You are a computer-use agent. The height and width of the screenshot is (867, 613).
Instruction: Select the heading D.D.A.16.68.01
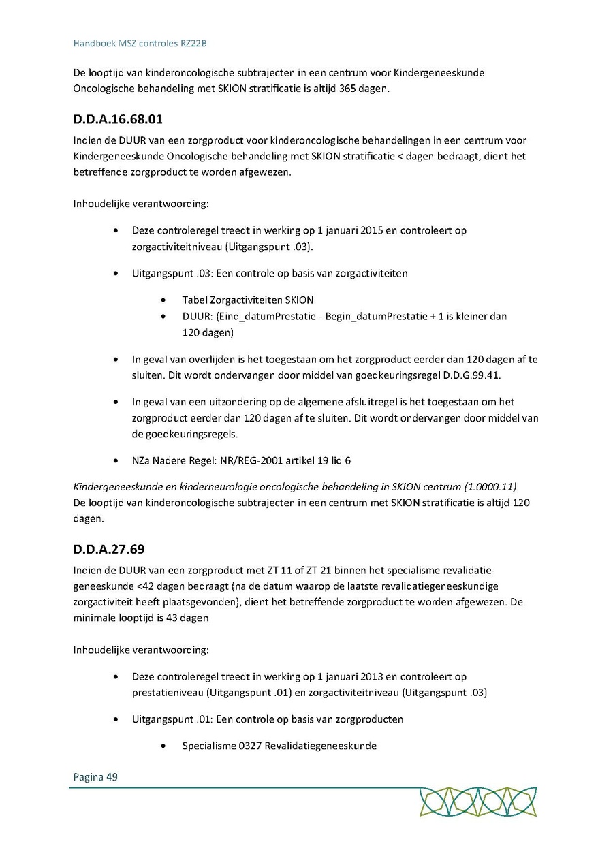click(x=118, y=120)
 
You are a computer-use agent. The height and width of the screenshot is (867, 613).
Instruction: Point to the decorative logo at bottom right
click(x=477, y=802)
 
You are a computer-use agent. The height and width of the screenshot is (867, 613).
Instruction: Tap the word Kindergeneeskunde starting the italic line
click(x=115, y=487)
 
